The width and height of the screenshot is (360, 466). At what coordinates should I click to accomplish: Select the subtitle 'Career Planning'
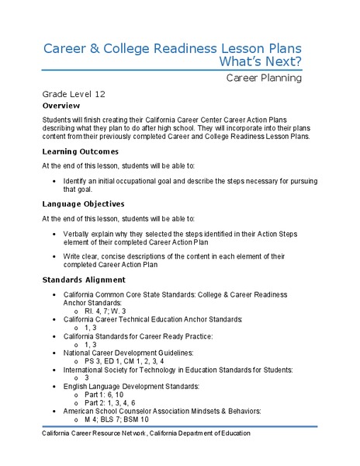264,78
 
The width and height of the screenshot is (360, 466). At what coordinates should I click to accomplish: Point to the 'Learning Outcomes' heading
81,151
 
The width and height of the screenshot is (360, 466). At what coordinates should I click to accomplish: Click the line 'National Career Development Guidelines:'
131,353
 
